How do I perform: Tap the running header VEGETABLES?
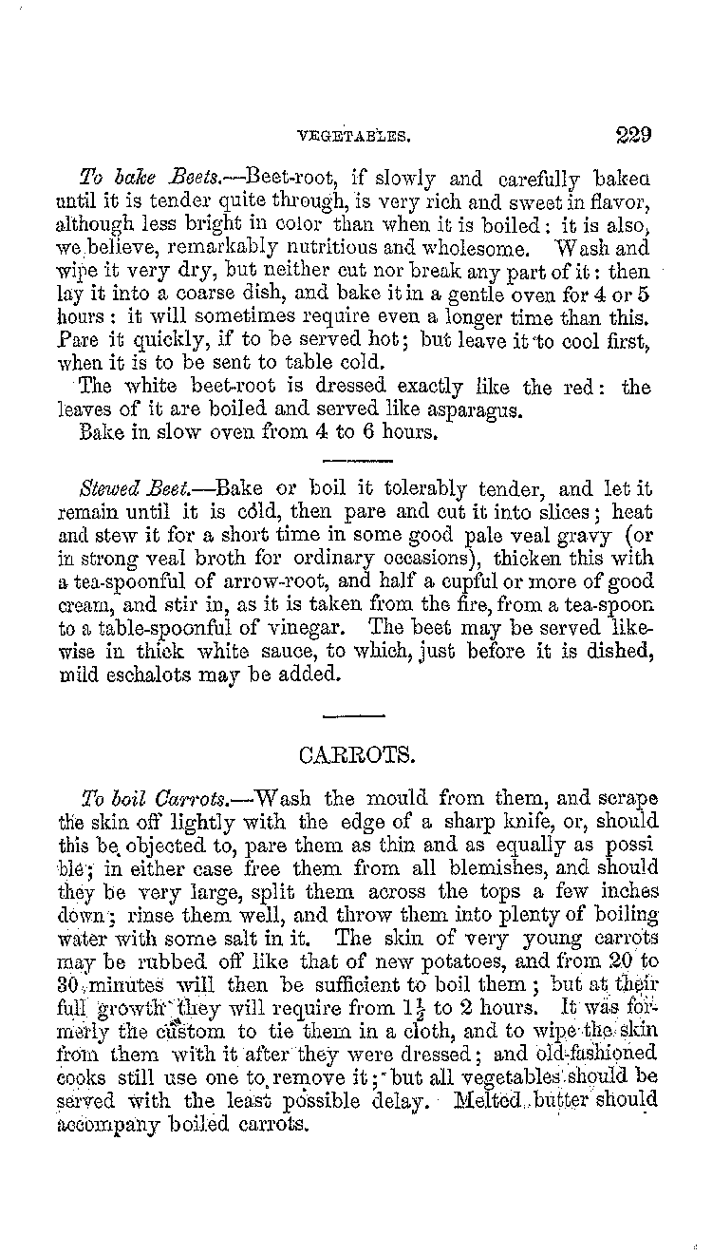point(353,136)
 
